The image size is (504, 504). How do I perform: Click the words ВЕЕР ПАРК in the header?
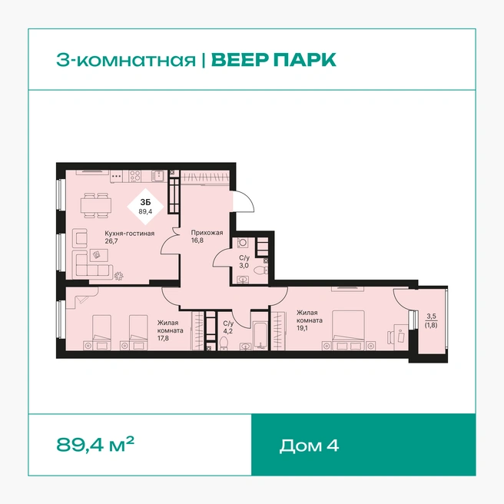274,60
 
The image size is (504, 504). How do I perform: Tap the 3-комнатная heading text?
126,60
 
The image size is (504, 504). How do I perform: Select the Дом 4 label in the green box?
309,446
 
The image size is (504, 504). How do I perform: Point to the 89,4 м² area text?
95,444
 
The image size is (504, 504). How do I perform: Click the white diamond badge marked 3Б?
145,207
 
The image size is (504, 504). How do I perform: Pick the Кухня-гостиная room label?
130,234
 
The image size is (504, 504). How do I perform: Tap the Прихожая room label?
207,232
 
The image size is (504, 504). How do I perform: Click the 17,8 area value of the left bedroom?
163,338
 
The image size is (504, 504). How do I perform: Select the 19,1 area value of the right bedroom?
302,328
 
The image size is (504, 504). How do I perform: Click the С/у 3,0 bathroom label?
244,262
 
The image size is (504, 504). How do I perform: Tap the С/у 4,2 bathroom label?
228,327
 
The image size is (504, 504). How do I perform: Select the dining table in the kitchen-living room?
95,205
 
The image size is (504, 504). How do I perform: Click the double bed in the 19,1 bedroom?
349,330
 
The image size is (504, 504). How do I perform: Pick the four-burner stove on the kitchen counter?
135,176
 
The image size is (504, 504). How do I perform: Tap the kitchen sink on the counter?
157,175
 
